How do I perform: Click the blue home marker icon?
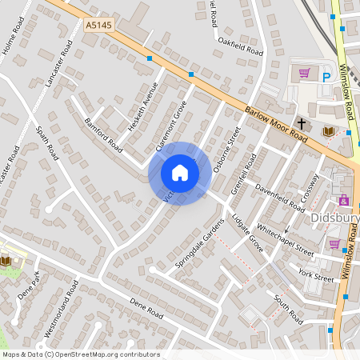pyautogui.click(x=180, y=173)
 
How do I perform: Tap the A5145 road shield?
pyautogui.click(x=96, y=26)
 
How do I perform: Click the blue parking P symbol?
pyautogui.click(x=326, y=77)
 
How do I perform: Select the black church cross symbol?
pyautogui.click(x=302, y=123)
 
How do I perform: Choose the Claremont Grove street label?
pyautogui.click(x=170, y=126)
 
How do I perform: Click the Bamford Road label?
pyautogui.click(x=102, y=136)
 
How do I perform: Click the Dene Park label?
pyautogui.click(x=31, y=287)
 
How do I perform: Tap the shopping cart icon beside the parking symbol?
pyautogui.click(x=304, y=74)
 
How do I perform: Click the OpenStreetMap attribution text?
pyautogui.click(x=81, y=354)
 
